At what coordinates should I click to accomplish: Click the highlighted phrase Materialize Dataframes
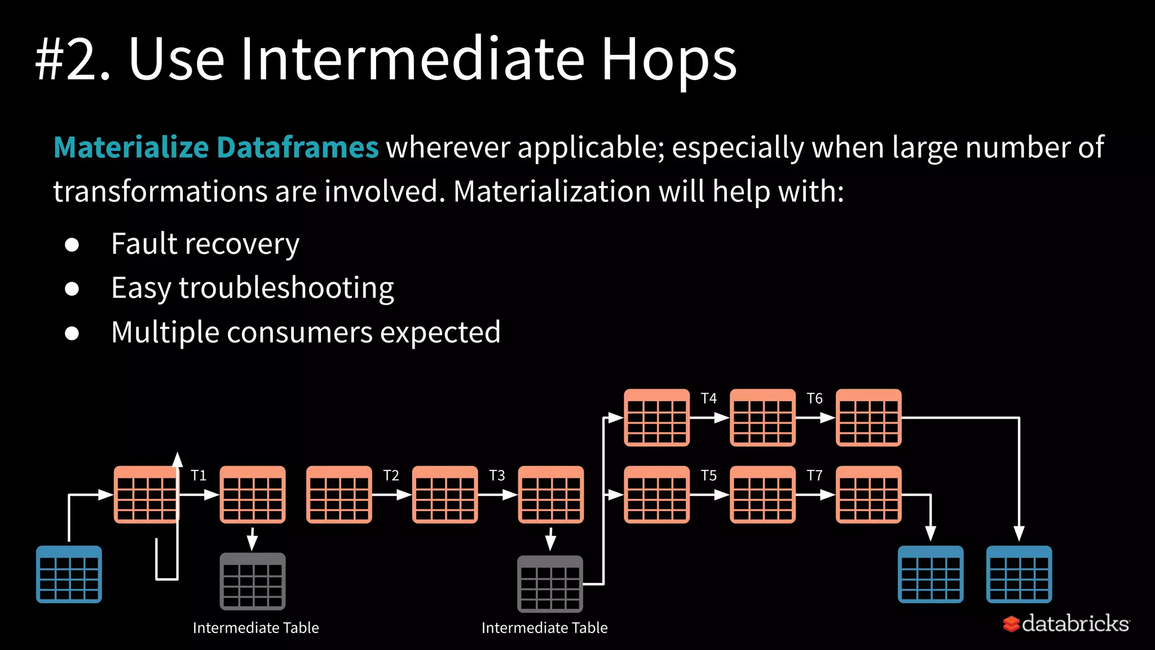pos(215,147)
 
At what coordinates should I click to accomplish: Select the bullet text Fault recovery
pos(205,244)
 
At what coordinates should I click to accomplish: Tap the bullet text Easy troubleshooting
pos(252,288)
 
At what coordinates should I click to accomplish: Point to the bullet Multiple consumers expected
pos(305,332)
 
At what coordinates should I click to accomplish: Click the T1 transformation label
pos(199,476)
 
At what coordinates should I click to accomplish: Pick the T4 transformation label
pos(708,399)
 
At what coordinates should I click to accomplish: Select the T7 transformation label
pos(814,476)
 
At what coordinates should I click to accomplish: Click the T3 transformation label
pos(497,476)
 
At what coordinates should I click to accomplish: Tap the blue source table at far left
pos(69,574)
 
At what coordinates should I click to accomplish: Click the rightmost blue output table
pos(1019,574)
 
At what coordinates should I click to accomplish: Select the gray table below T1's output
pos(252,581)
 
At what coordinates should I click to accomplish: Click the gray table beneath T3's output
pos(550,584)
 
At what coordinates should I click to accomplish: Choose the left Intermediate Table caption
pos(255,628)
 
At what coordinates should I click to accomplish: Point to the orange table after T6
pos(868,418)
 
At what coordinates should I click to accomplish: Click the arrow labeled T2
pos(391,495)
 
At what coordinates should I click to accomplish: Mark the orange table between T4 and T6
pos(762,418)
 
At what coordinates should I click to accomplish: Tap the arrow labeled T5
pos(709,495)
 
